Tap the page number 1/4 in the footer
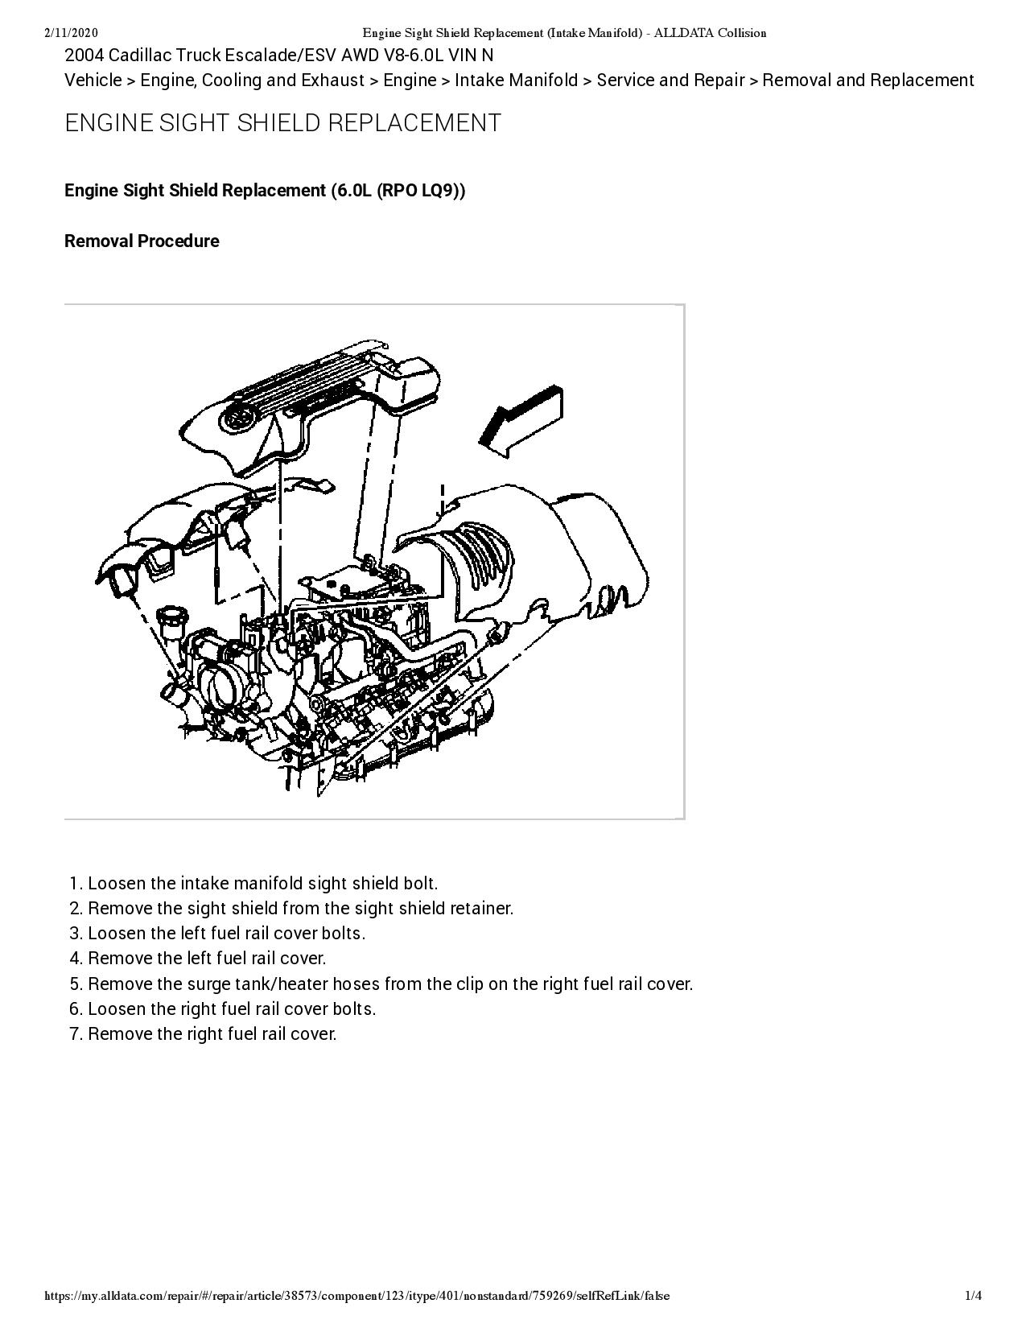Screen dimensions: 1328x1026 (974, 1295)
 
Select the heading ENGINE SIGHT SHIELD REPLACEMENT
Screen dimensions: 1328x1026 (282, 123)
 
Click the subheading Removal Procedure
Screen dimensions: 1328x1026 (142, 241)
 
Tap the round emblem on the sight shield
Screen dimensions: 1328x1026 (239, 417)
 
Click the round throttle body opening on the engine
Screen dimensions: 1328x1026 (222, 683)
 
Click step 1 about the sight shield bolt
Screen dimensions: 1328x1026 (262, 884)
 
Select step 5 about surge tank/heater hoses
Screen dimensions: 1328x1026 (389, 984)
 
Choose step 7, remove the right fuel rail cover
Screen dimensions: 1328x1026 (212, 1034)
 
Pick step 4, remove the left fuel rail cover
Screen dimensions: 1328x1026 (206, 959)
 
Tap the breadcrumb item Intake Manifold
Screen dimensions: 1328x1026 (516, 80)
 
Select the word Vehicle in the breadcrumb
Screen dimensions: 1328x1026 (93, 80)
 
